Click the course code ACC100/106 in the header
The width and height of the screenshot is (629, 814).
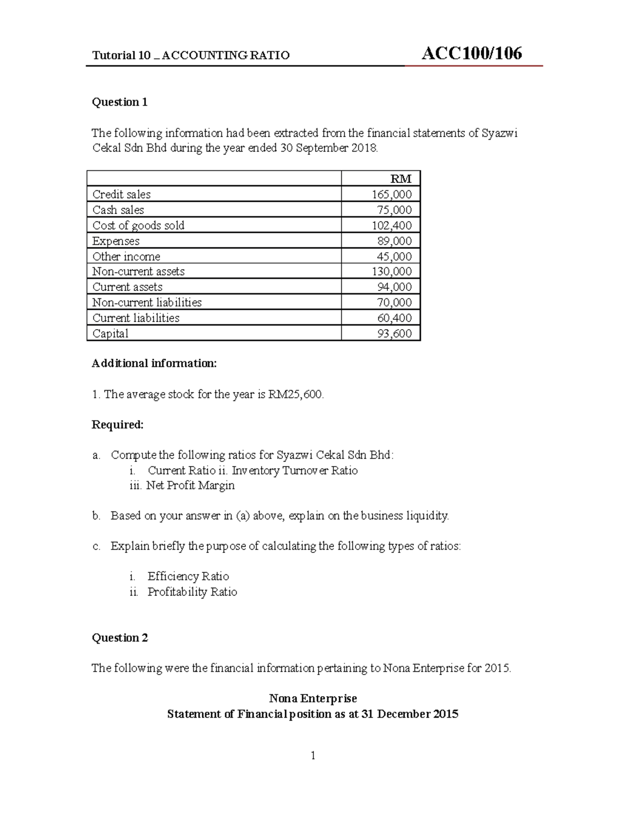coord(471,53)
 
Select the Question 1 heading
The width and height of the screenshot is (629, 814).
coord(120,102)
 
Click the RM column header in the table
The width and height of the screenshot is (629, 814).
coord(401,179)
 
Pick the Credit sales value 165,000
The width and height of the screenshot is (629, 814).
coord(392,194)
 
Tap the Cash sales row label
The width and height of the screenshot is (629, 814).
coord(118,210)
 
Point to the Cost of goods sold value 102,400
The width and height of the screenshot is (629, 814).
coord(392,225)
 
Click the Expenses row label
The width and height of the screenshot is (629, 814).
coord(116,241)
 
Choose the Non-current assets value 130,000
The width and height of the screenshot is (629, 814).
coord(392,272)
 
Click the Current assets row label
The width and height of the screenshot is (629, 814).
coord(127,287)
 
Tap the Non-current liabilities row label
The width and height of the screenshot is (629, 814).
coord(147,302)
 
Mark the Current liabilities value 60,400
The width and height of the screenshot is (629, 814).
coord(394,318)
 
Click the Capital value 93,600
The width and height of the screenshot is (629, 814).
coord(394,333)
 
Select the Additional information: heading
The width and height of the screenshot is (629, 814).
coord(154,363)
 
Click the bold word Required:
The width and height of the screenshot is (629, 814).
coord(117,425)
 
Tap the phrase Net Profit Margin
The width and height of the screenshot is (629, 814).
coord(190,485)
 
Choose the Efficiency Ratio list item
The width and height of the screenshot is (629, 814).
coord(188,577)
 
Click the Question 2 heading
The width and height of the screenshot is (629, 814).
coord(120,638)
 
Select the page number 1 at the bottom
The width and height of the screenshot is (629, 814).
coord(313,755)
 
